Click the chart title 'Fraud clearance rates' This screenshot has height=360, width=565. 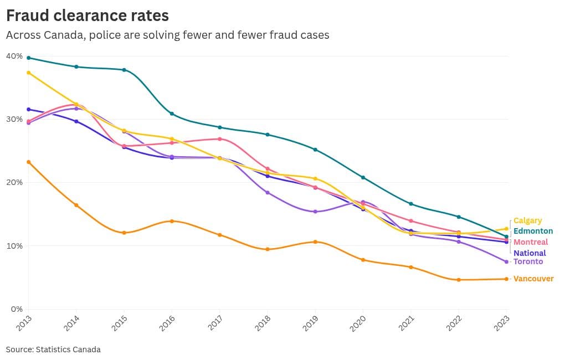(88, 15)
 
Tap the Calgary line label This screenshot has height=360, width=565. (527, 220)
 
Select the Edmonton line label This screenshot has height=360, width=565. (533, 231)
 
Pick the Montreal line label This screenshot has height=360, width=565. (531, 242)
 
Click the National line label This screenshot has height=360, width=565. (530, 253)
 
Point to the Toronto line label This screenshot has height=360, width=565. (528, 261)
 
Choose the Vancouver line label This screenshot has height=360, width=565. (533, 279)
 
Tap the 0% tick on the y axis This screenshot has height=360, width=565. (16, 308)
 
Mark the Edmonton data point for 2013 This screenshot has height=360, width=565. (28, 58)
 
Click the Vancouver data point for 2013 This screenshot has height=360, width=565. (28, 162)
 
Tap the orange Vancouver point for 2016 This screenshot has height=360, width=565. (172, 221)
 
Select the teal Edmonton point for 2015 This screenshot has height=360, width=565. (124, 70)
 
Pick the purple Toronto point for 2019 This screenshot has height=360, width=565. (315, 212)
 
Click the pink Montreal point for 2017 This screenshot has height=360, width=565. (220, 139)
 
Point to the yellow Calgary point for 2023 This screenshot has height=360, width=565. (506, 229)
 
